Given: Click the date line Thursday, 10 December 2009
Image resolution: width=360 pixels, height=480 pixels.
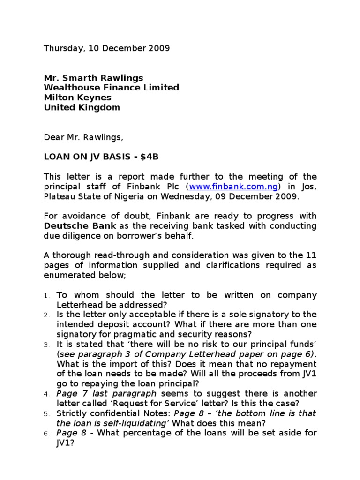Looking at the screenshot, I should [106, 48].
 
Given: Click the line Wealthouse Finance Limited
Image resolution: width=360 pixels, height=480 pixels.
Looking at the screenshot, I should [111, 88].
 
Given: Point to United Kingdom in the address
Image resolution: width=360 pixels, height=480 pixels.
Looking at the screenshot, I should [82, 107].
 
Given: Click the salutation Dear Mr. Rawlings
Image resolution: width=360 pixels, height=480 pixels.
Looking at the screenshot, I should [83, 137].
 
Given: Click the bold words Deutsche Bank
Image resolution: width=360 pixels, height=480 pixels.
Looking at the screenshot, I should [74, 226].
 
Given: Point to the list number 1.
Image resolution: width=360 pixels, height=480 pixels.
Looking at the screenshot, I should [46, 296].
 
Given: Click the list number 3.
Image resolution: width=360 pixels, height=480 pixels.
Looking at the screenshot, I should [46, 345].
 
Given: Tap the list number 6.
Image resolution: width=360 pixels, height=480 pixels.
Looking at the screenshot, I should [46, 434].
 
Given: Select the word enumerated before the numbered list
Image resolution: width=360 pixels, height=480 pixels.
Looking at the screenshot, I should [68, 275].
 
